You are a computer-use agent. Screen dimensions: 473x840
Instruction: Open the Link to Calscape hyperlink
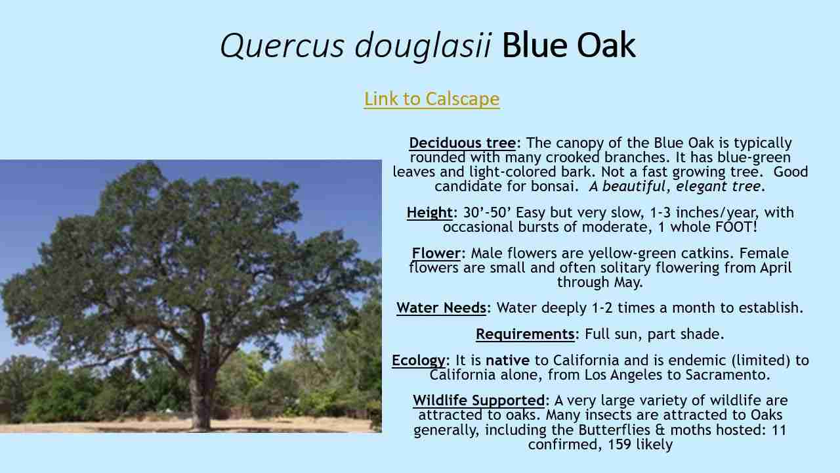pyautogui.click(x=431, y=99)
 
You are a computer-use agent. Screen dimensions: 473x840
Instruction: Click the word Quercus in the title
pyautogui.click(x=282, y=46)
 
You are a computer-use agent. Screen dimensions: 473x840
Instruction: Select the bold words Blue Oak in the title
pyautogui.click(x=568, y=46)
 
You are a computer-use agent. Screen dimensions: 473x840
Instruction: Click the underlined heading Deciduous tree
pyautogui.click(x=462, y=143)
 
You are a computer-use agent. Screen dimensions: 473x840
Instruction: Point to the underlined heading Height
pyautogui.click(x=429, y=213)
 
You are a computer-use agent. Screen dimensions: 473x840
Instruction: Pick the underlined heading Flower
pyautogui.click(x=436, y=254)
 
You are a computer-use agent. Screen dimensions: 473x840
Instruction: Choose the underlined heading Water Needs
pyautogui.click(x=441, y=307)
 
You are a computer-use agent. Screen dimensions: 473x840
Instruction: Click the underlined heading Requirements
pyautogui.click(x=525, y=334)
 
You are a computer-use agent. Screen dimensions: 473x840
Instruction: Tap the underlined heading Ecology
pyautogui.click(x=419, y=361)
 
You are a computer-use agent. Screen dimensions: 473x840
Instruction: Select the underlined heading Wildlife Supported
pyautogui.click(x=478, y=401)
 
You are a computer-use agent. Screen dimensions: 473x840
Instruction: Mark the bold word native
pyautogui.click(x=507, y=361)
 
